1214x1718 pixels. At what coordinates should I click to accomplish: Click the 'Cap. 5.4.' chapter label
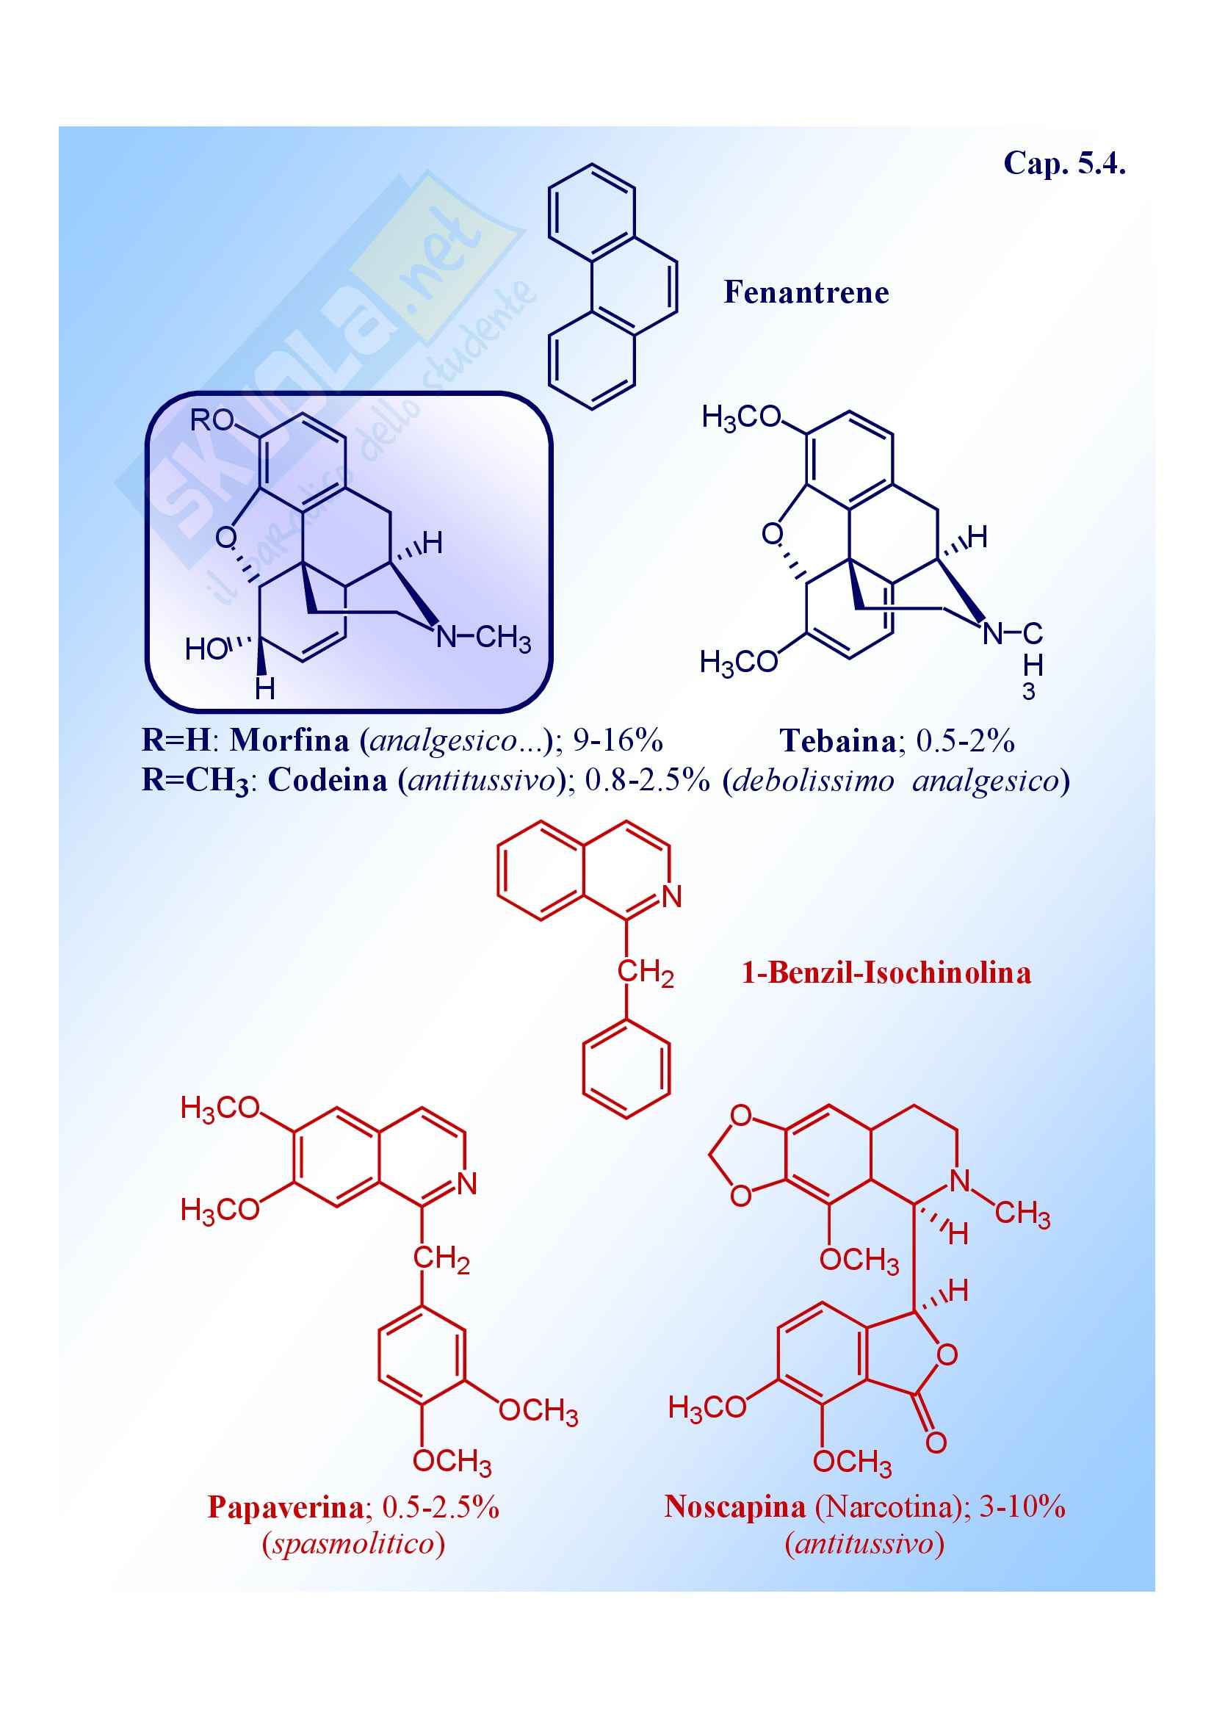[1063, 163]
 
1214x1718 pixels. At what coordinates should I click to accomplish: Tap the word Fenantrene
[806, 292]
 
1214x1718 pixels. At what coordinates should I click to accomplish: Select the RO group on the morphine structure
[212, 421]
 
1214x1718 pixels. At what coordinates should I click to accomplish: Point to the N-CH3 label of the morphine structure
[483, 638]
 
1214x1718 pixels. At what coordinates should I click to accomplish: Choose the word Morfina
[289, 740]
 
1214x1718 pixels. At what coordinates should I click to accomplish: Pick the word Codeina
[328, 780]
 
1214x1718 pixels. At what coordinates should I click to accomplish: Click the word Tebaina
[838, 741]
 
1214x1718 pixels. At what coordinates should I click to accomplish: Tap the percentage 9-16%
[618, 740]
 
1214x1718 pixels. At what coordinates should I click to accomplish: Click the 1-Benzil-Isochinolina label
[886, 972]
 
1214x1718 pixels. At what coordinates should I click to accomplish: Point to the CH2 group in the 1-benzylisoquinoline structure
[645, 972]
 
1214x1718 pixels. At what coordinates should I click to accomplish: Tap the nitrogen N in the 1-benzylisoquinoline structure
[672, 896]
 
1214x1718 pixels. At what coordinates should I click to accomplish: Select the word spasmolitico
[353, 1543]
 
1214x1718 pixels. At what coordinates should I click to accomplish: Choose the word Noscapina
[734, 1507]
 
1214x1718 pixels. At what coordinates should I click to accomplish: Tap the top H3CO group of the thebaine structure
[740, 417]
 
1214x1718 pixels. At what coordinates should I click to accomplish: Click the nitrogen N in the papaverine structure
[467, 1184]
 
